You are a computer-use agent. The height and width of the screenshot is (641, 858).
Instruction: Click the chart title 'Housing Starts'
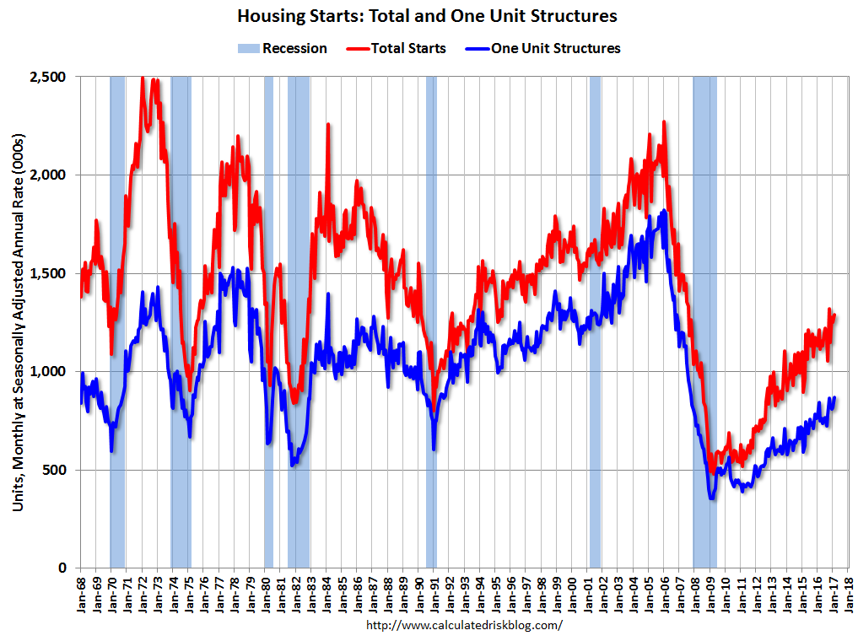(427, 16)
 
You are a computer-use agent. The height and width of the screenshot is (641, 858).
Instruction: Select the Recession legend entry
(282, 48)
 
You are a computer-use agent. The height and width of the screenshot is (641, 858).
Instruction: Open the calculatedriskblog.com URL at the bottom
(464, 626)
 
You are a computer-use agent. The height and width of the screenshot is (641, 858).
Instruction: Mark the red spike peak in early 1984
(327, 125)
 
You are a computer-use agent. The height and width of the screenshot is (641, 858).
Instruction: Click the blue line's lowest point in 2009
(712, 498)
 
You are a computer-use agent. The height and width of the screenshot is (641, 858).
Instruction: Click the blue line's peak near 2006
(664, 211)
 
